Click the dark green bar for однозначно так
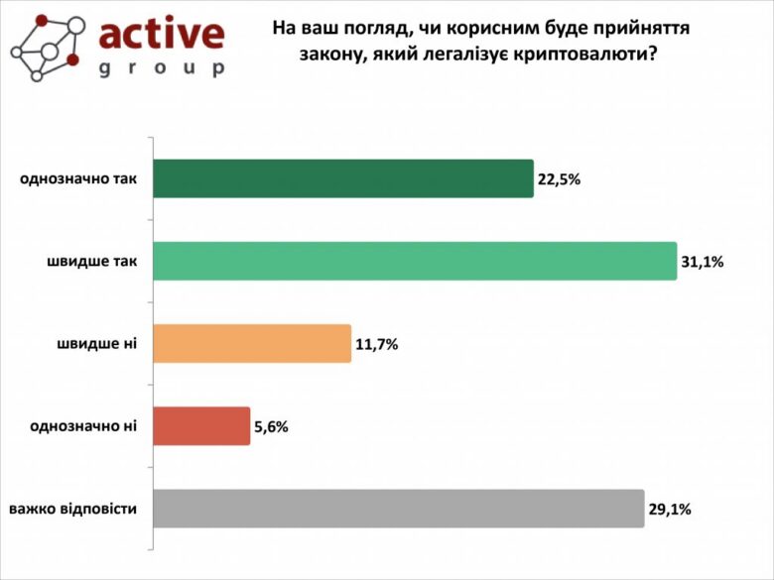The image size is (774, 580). click(342, 178)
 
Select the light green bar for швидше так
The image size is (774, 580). click(414, 261)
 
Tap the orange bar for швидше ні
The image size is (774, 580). click(252, 343)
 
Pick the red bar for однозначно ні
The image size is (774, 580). click(201, 425)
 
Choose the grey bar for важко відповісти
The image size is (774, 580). click(398, 508)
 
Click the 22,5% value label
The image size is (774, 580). click(559, 179)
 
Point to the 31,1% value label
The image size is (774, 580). click(703, 262)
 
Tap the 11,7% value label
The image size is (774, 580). click(376, 344)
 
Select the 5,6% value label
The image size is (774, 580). click(272, 426)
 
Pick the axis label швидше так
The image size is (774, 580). click(91, 261)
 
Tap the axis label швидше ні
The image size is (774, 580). click(97, 343)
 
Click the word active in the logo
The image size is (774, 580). click(162, 35)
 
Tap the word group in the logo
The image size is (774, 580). click(162, 68)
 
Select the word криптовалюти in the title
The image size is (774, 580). click(587, 55)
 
